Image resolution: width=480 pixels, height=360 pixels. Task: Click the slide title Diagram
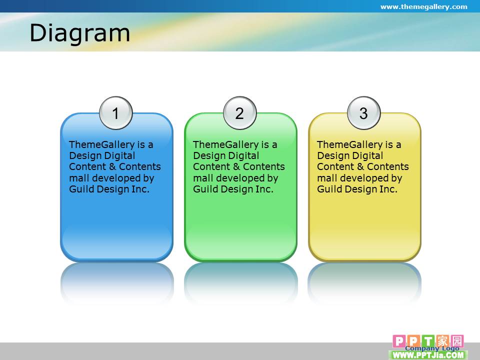80,33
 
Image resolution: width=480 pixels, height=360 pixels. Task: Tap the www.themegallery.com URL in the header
423,6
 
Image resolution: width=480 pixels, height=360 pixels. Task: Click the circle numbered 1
115,113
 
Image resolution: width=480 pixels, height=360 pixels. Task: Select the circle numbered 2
239,113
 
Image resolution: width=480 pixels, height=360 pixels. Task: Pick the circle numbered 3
363,113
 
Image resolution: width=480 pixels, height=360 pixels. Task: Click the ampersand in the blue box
112,167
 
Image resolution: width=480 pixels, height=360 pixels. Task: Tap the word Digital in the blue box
120,156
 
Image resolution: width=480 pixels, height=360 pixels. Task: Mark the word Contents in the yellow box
388,167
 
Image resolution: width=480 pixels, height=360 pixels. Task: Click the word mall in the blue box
79,178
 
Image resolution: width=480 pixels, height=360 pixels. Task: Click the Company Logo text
432,348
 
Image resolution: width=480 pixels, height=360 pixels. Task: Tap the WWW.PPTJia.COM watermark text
428,355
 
